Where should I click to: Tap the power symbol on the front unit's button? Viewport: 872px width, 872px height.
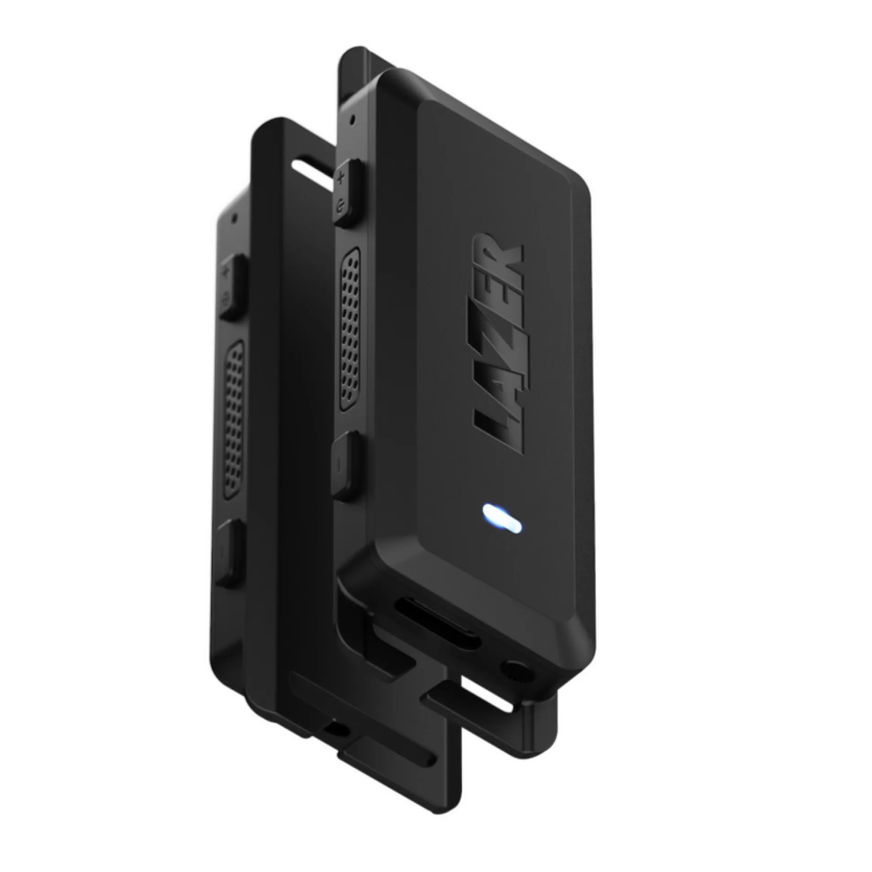pyautogui.click(x=341, y=207)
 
